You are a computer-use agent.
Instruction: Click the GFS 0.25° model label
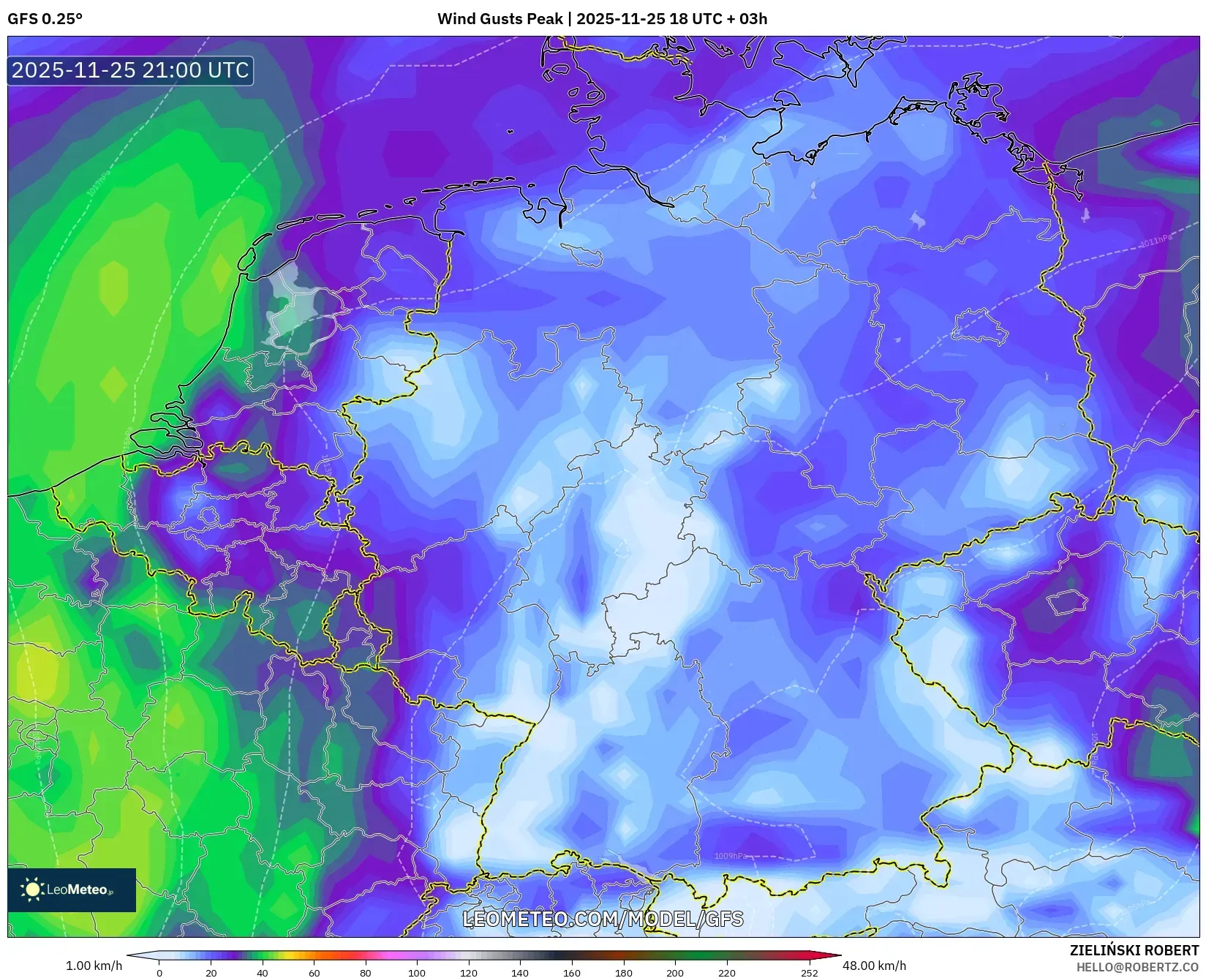(45, 19)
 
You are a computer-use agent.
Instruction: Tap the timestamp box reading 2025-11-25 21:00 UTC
(130, 70)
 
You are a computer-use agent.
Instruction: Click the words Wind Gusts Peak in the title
(501, 19)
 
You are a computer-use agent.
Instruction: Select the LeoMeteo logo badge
(72, 889)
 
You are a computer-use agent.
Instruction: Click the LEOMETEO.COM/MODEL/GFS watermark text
(603, 919)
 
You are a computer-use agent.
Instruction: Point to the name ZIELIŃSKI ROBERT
(1134, 951)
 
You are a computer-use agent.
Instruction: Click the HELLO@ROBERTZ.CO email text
(1137, 967)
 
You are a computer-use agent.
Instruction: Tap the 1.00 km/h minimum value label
(94, 966)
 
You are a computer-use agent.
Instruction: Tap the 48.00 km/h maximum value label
(874, 966)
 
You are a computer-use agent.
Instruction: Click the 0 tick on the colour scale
(159, 973)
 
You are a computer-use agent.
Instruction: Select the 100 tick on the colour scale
(417, 973)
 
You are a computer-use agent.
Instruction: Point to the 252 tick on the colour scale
(809, 973)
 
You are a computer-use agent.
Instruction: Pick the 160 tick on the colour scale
(572, 973)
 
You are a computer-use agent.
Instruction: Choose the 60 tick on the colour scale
(314, 973)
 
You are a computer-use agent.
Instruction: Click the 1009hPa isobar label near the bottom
(731, 856)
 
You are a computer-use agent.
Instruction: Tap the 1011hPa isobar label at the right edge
(1156, 241)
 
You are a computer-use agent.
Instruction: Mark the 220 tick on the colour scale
(726, 973)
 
